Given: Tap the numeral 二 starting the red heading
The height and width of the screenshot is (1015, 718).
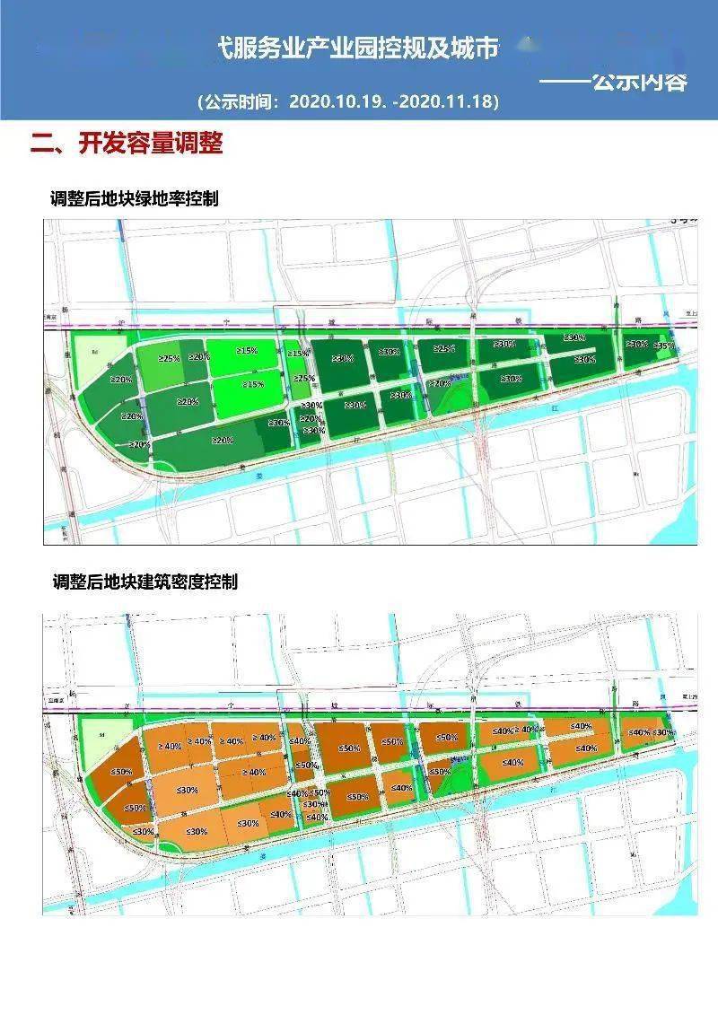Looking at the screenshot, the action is [x=41, y=144].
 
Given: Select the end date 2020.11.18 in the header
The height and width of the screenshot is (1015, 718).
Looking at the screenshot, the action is [x=447, y=101].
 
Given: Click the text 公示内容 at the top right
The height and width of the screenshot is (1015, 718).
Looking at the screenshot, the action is [x=639, y=82].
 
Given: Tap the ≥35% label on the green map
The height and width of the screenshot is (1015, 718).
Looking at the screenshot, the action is [x=664, y=346].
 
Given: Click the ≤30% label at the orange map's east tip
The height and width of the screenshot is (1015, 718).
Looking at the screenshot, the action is [x=663, y=733].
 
